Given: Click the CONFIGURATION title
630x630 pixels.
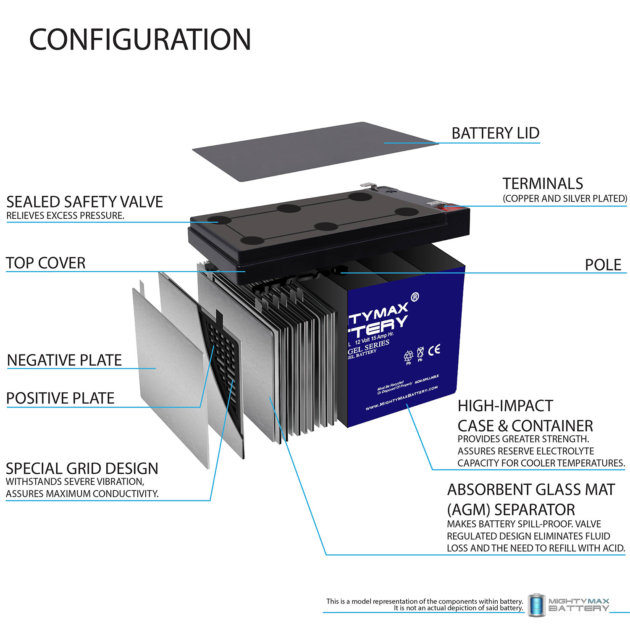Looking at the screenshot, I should coord(140,39).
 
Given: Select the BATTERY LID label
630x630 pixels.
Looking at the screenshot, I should coord(495,133).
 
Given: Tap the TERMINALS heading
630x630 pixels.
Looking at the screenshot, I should coord(543,184).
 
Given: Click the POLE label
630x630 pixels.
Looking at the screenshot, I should coord(603,265).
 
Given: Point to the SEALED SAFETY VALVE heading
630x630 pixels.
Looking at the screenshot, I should coord(84,202).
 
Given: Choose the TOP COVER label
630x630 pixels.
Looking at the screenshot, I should coord(46,263).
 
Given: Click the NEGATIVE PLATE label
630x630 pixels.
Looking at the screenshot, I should coord(64,360).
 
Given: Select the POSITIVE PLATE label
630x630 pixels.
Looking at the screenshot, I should coord(60,398).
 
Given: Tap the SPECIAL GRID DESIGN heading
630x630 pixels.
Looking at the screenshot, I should coord(82,468).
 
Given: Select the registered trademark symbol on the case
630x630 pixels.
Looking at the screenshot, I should coord(415,297).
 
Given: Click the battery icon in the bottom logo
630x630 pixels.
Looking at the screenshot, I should coord(536,605).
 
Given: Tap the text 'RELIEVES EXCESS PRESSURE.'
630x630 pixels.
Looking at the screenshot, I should coord(65,215).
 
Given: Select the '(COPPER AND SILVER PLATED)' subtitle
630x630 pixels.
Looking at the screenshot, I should coord(564,198).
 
